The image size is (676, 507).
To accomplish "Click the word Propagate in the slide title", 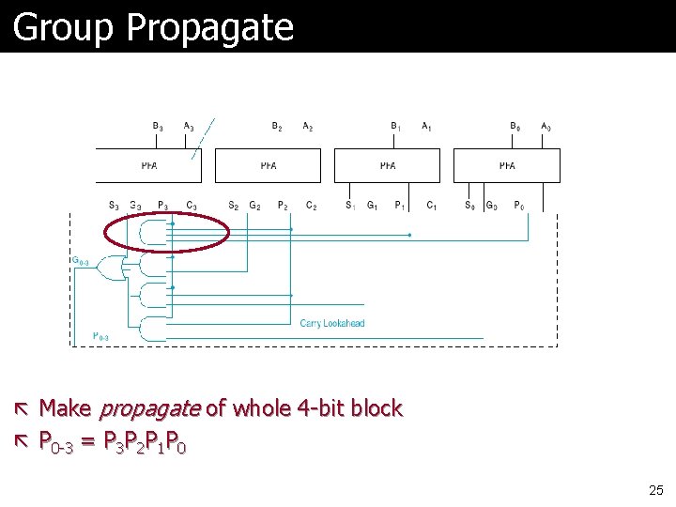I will pyautogui.click(x=208, y=28).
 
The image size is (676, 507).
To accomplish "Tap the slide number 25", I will pyautogui.click(x=655, y=489).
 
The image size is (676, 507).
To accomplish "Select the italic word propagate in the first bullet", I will pyautogui.click(x=149, y=408).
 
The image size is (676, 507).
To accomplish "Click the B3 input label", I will pyautogui.click(x=157, y=127).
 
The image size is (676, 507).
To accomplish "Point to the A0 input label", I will pyautogui.click(x=545, y=127).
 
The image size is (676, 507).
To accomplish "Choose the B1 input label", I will pyautogui.click(x=395, y=127).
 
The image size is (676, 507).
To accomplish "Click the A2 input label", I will pyautogui.click(x=308, y=127).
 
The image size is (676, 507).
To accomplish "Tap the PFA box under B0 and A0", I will pyautogui.click(x=507, y=165).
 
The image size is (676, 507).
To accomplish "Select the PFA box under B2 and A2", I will pyautogui.click(x=269, y=165).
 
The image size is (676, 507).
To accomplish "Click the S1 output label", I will pyautogui.click(x=350, y=205).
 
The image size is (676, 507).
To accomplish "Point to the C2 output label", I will pyautogui.click(x=311, y=206).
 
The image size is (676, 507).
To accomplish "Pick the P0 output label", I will pyautogui.click(x=519, y=206).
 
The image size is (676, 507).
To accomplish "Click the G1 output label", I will pyautogui.click(x=373, y=206).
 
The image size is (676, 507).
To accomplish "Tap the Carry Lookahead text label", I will pyautogui.click(x=332, y=324).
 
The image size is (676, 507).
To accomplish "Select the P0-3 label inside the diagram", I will pyautogui.click(x=100, y=336).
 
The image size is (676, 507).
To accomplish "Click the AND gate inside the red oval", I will pyautogui.click(x=150, y=231).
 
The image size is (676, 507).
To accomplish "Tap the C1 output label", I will pyautogui.click(x=432, y=206).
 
